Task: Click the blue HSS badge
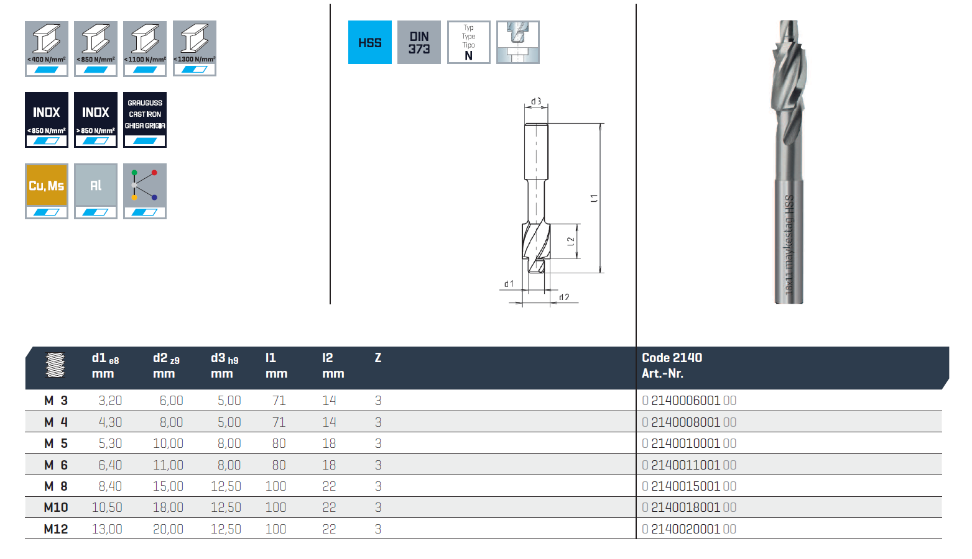[x=369, y=42]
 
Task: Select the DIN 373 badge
[x=419, y=42]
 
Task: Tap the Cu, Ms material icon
[x=47, y=191]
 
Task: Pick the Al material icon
[x=96, y=191]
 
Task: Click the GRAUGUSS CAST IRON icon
[x=144, y=120]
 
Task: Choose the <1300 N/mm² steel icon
[x=195, y=48]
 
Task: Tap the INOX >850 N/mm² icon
[x=96, y=120]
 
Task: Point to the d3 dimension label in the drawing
[x=536, y=101]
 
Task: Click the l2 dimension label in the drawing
[x=571, y=242]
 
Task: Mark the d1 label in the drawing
[x=509, y=284]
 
